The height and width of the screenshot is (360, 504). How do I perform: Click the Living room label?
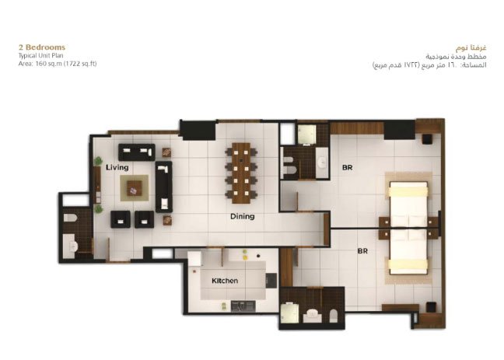[x=117, y=167]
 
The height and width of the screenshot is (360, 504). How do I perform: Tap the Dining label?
[x=243, y=216]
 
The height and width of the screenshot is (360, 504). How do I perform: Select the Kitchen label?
[x=225, y=281]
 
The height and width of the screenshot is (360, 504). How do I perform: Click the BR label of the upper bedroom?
[x=347, y=167]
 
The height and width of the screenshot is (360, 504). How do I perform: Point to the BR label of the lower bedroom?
[x=362, y=250]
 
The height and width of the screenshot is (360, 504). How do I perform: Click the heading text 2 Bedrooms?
[x=42, y=47]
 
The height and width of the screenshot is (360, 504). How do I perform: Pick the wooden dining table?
[x=241, y=173]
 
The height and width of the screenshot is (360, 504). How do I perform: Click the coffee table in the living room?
[x=135, y=188]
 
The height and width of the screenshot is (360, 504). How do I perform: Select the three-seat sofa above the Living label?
[x=137, y=152]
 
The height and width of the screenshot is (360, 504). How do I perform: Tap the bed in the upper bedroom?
[x=408, y=204]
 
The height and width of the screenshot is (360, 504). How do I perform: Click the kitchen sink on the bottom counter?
[x=243, y=306]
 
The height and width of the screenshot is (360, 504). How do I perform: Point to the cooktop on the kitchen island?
[x=271, y=281]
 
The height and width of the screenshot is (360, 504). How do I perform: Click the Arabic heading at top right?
[x=471, y=48]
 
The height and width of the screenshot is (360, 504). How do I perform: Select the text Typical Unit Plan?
[x=40, y=56]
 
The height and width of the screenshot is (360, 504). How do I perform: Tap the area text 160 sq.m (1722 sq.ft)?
[x=66, y=64]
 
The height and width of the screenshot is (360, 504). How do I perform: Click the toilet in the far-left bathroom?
[x=70, y=218]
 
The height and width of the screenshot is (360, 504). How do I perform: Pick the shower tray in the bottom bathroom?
[x=289, y=313]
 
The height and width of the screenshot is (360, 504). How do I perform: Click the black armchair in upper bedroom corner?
[x=427, y=139]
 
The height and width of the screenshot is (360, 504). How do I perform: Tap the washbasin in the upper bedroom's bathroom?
[x=322, y=163]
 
